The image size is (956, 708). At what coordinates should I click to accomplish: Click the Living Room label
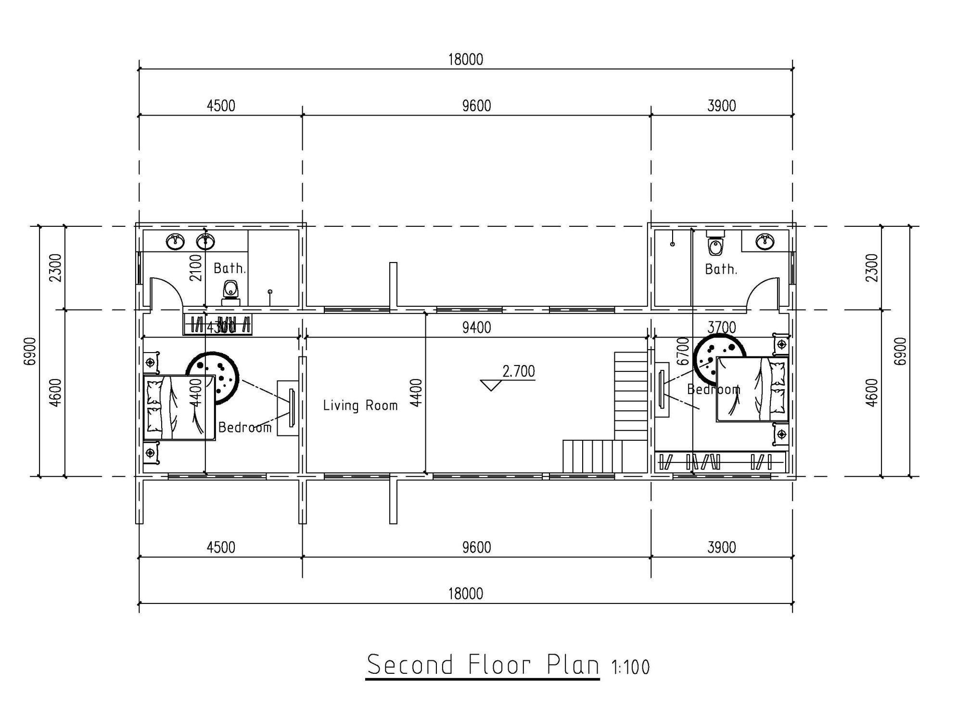coord(360,406)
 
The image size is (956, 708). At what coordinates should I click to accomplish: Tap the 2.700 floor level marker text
coord(518,371)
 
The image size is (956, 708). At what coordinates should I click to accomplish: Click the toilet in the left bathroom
coord(231,293)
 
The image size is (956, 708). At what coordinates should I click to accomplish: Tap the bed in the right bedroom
coord(752,389)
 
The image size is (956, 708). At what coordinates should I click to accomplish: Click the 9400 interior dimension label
coord(476,328)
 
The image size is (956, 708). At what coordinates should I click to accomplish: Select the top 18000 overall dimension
coord(465,60)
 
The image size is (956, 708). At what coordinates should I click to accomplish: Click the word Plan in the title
coord(573,666)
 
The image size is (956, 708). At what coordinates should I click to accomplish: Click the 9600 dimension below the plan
coord(476,548)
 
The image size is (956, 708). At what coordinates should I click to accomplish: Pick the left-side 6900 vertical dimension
coord(30,351)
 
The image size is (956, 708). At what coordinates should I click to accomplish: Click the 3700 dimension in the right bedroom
coord(721,328)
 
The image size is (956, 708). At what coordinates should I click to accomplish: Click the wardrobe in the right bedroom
coord(720,462)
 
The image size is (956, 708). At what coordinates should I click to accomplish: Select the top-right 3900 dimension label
coord(721,106)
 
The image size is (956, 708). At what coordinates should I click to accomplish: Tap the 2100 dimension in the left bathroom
coord(196,268)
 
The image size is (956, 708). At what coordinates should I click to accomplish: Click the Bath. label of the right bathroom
coord(721,269)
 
